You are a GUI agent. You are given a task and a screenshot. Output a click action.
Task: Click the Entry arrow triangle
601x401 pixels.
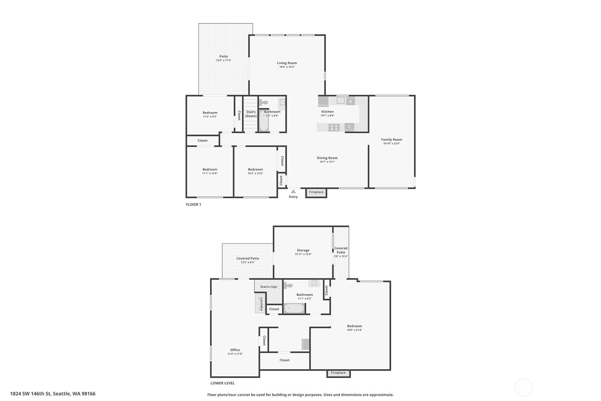coord(293,191)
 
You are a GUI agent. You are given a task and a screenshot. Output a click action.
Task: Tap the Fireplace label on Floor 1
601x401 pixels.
coord(316,192)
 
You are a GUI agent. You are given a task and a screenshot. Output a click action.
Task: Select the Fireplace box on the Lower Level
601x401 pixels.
coord(338,373)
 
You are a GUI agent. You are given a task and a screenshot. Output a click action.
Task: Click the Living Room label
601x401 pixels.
coord(287,63)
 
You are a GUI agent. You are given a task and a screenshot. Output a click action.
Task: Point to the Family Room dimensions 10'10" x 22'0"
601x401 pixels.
coord(391,144)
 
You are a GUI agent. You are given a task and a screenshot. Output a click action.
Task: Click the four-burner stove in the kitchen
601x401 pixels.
coord(334,128)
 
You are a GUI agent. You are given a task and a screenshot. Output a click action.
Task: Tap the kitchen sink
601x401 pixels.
coord(340,100)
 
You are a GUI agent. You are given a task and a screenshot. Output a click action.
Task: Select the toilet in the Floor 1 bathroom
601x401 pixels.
coord(263,102)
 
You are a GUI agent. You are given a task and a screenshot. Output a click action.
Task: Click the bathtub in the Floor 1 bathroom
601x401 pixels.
coord(264,121)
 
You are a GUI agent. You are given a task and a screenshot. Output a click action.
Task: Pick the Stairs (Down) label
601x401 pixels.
coord(251,114)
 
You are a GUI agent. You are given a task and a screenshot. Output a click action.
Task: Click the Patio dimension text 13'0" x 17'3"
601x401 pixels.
coord(223,60)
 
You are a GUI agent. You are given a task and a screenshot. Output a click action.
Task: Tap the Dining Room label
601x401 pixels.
coord(327,158)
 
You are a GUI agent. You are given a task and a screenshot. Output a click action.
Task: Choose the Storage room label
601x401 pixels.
coord(303,250)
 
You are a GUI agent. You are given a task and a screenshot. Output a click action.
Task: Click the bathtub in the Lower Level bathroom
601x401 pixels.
coord(294,308)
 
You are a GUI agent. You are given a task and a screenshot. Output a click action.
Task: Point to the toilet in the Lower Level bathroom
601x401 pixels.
coord(288,285)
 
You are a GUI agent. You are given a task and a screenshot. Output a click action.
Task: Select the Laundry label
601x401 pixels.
coord(262,304)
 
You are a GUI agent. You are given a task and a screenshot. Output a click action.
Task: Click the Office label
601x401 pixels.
coord(235,350)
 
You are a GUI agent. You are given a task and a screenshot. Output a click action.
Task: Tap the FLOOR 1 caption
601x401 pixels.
coord(193,204)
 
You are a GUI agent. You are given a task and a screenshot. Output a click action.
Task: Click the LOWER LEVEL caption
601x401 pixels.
coord(222,383)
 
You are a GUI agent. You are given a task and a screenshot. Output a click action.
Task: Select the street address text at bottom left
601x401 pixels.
coord(53,394)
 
